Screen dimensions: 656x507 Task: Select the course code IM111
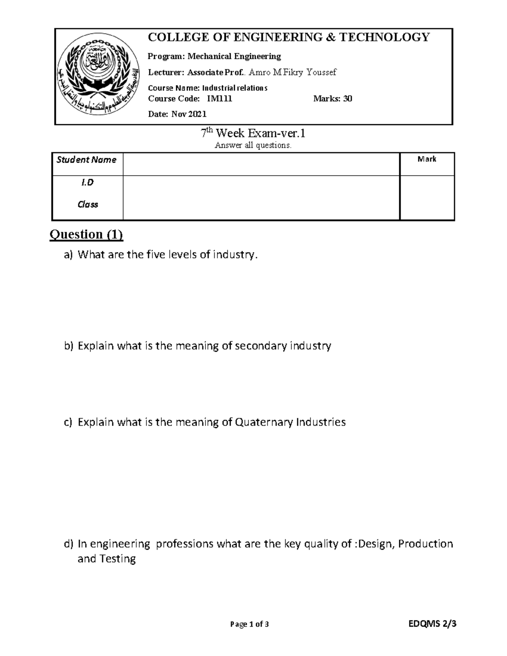tap(219, 99)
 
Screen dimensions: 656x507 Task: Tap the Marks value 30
tap(347, 99)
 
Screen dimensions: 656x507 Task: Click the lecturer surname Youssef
tap(322, 72)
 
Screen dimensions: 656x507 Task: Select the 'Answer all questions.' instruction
tap(253, 146)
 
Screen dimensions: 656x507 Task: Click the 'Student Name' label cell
tap(87, 160)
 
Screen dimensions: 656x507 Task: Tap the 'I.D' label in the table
tap(87, 182)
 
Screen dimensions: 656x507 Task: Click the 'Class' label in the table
tap(87, 204)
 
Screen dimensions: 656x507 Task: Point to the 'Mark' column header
tap(427, 159)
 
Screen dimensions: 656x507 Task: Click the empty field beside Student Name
tap(261, 164)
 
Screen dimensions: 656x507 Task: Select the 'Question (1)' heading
tap(86, 234)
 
